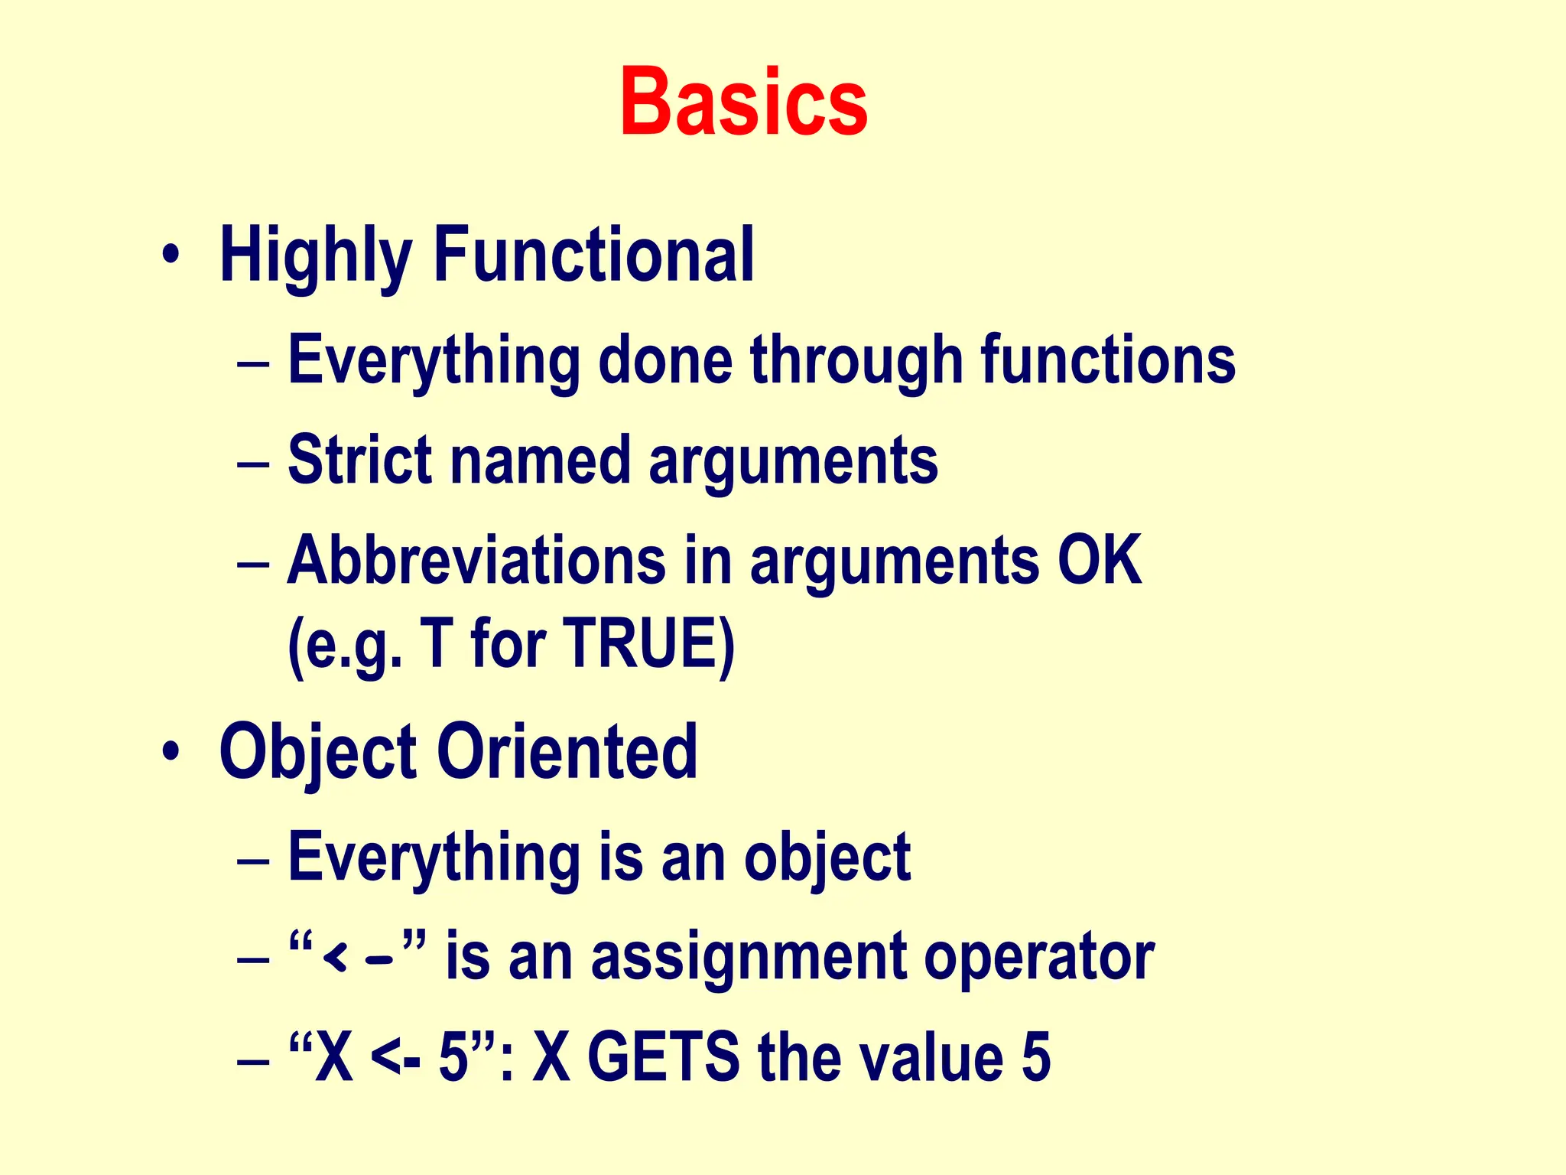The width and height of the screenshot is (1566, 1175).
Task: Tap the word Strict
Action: pyautogui.click(x=360, y=461)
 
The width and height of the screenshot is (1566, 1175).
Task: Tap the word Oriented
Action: pyautogui.click(x=567, y=753)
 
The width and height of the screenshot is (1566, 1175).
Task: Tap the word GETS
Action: pyautogui.click(x=663, y=1057)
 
